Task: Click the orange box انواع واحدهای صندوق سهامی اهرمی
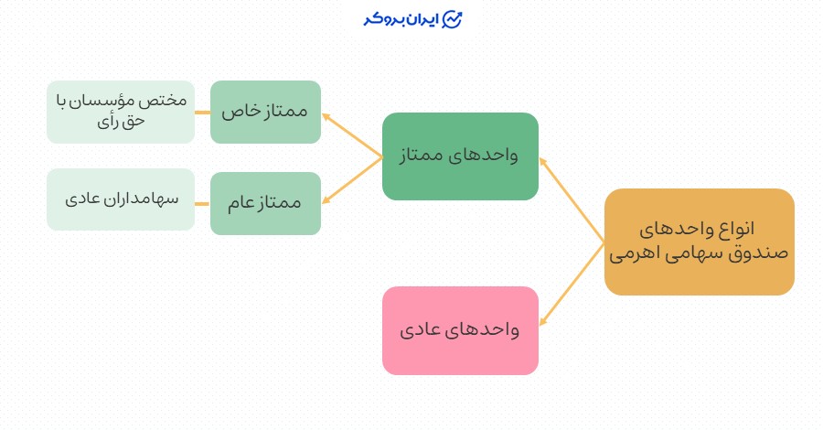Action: [x=700, y=242]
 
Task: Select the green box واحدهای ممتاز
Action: [x=460, y=156]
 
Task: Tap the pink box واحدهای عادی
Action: [x=460, y=330]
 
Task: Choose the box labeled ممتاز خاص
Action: [x=265, y=112]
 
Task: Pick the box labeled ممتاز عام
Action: [x=265, y=203]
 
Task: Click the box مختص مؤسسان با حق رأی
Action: [x=121, y=112]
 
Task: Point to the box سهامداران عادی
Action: [x=121, y=199]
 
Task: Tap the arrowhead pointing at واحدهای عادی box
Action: [x=543, y=322]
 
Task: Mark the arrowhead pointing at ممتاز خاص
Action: [x=326, y=116]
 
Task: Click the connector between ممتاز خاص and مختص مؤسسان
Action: [x=202, y=112]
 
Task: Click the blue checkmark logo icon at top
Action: [x=452, y=20]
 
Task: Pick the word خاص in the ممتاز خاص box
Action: [x=240, y=112]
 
